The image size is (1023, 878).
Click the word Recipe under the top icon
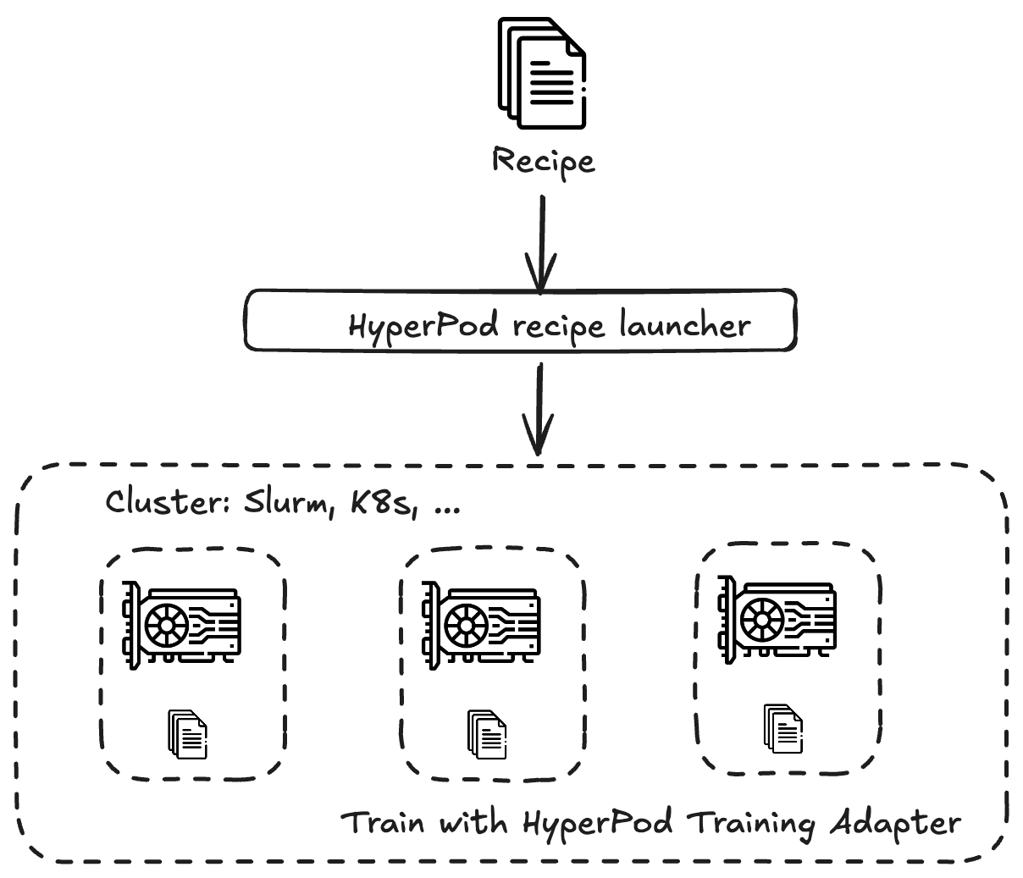pyautogui.click(x=543, y=161)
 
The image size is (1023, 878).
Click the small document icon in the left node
pyautogui.click(x=187, y=733)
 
